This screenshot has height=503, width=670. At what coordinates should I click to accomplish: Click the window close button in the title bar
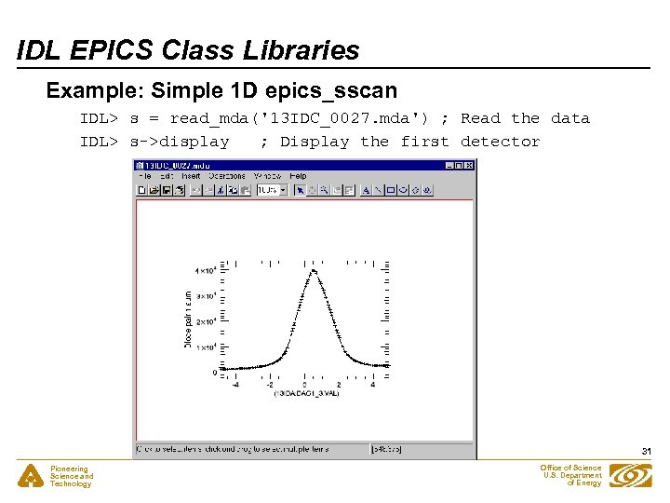click(x=469, y=166)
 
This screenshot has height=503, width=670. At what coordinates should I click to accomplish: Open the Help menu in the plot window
click(x=298, y=176)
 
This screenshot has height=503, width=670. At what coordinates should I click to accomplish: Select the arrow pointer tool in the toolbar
click(x=300, y=190)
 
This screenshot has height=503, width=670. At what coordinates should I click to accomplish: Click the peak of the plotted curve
click(x=315, y=270)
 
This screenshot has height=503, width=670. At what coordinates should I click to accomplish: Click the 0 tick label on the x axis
click(x=305, y=384)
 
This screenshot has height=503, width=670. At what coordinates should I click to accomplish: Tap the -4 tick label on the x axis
click(x=234, y=384)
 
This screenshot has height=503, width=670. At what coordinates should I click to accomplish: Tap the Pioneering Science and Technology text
click(x=72, y=476)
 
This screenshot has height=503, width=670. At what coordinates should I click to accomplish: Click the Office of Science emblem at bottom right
click(x=630, y=475)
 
